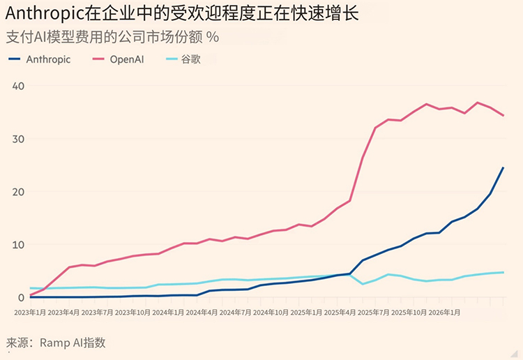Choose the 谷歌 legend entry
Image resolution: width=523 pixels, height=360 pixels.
pyautogui.click(x=191, y=59)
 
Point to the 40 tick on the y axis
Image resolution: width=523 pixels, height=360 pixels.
pyautogui.click(x=18, y=86)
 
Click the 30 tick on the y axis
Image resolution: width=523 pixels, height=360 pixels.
pyautogui.click(x=18, y=139)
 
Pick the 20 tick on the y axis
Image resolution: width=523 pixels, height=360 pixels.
pyautogui.click(x=18, y=192)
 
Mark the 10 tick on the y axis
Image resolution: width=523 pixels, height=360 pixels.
pyautogui.click(x=18, y=245)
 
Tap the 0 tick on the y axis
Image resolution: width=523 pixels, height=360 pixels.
pyautogui.click(x=21, y=297)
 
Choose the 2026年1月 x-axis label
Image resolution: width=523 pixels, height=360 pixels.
pyautogui.click(x=444, y=313)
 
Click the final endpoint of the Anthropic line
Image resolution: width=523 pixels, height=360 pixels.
pyautogui.click(x=503, y=168)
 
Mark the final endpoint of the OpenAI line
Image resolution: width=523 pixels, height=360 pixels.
pyautogui.click(x=503, y=116)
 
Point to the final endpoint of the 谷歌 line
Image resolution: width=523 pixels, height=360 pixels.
pyautogui.click(x=503, y=272)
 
